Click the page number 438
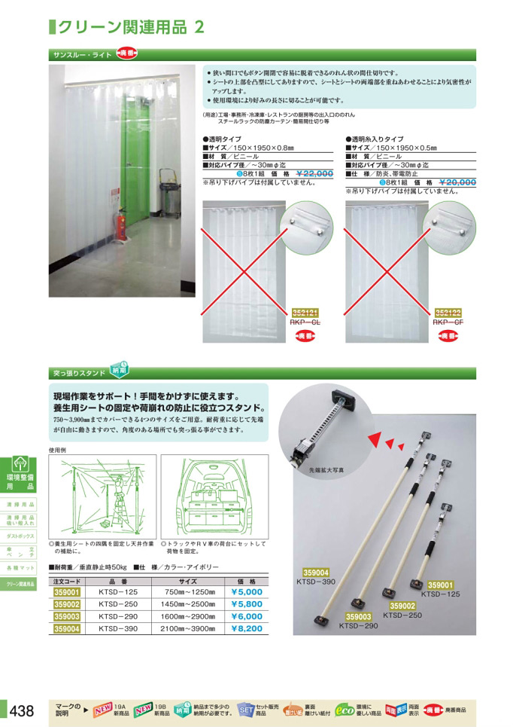(x=22, y=710)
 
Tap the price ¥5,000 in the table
(x=246, y=592)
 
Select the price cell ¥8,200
(x=246, y=628)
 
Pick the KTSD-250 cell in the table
(x=119, y=604)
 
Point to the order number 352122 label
(x=448, y=312)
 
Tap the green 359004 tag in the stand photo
(x=317, y=573)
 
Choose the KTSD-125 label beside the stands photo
(x=440, y=594)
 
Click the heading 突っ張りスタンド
(x=79, y=372)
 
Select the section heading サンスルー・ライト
(x=82, y=55)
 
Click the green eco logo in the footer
(x=344, y=709)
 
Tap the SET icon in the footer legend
(x=246, y=709)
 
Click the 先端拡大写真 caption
(x=325, y=469)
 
